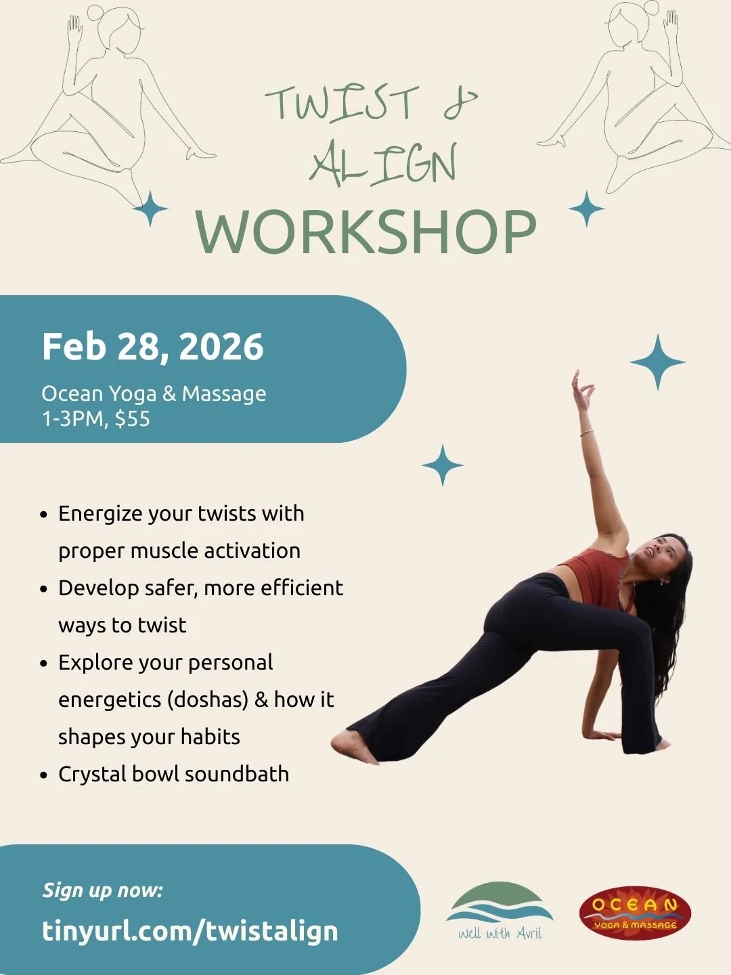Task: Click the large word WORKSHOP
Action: [x=365, y=232]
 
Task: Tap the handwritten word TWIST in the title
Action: [x=342, y=105]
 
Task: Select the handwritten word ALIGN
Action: [x=383, y=165]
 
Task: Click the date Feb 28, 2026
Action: [x=152, y=347]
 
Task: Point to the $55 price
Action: [x=133, y=418]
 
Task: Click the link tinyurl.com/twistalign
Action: [x=190, y=930]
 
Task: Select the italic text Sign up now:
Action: [x=103, y=890]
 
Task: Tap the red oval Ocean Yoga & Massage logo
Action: [x=635, y=913]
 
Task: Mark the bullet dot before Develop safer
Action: [x=44, y=589]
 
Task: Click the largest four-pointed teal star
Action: [x=657, y=362]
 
